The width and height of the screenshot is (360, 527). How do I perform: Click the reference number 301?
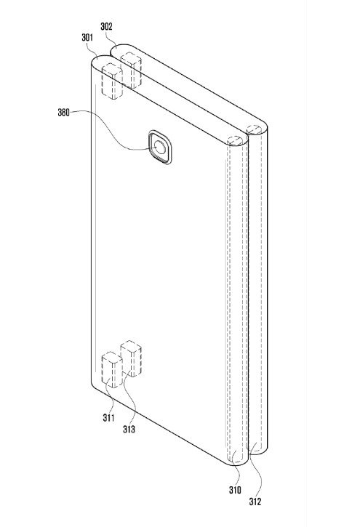coord(87,37)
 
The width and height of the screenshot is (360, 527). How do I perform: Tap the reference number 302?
coord(106,27)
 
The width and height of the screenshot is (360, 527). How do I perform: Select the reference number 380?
coord(63,112)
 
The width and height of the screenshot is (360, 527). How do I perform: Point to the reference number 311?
coord(108,418)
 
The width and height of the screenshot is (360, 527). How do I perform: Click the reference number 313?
coord(129,429)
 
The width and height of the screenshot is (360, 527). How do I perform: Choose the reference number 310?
coord(235,491)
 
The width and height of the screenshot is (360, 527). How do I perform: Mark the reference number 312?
coord(255,502)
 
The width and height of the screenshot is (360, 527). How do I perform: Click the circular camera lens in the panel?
coord(160,148)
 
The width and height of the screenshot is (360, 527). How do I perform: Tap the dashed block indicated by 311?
coord(112,370)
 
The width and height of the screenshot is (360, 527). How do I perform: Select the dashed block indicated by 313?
coord(131,358)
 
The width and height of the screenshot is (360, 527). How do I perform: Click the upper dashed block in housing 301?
coord(112,81)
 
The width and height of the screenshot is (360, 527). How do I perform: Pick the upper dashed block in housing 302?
coord(131,71)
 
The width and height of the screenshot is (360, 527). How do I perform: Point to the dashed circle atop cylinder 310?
coord(235,140)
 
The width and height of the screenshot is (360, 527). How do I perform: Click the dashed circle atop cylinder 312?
coord(254,129)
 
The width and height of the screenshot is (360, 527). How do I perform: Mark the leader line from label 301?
coord(93,48)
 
